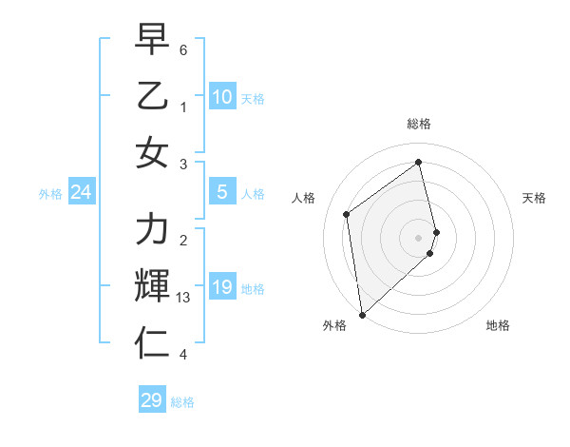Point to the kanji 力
pos(152,229)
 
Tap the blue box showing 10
pos(221,96)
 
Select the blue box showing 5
pos(221,192)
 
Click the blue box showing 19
pos(221,287)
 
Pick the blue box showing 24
pos(81,193)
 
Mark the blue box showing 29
pos(152,400)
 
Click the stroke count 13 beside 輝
pos(183,298)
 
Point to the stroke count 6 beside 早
pos(183,49)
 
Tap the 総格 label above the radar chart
pos(419,124)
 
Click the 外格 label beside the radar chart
pos(334,325)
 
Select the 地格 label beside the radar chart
pos(498,325)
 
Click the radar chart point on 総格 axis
pos(419,162)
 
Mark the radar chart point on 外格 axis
pos(362,314)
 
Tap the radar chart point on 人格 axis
pos(347,214)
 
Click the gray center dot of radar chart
pos(419,236)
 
